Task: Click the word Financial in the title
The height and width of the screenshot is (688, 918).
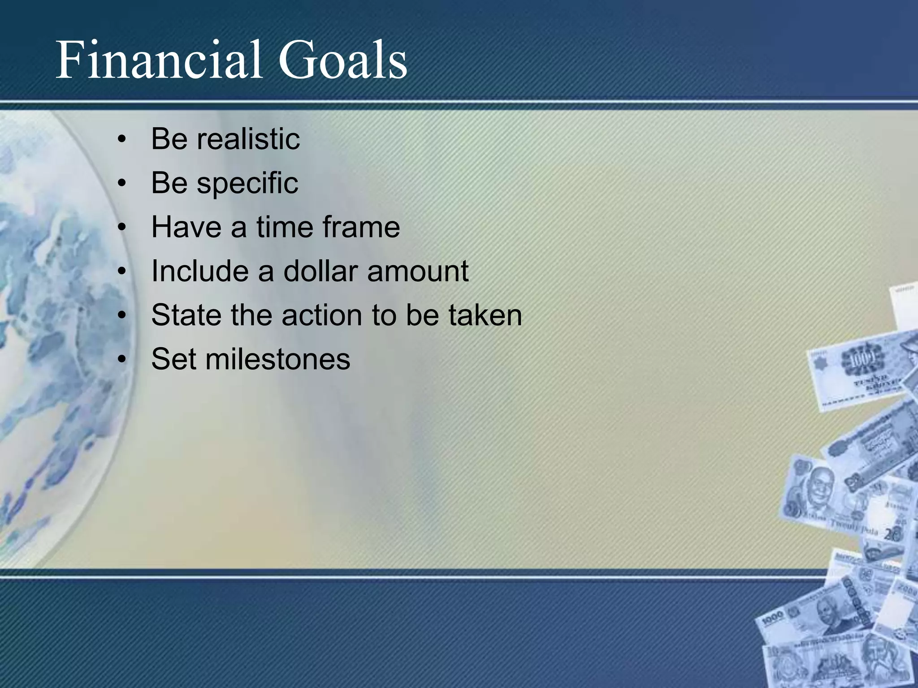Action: (x=159, y=60)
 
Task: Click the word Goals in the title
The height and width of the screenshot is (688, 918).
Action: (x=342, y=60)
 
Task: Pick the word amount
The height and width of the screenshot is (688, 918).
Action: (x=418, y=271)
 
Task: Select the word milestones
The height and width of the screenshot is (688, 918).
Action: (x=277, y=359)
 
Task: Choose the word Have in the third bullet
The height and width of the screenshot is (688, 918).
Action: (x=186, y=227)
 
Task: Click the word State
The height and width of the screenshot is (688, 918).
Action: (x=186, y=315)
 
